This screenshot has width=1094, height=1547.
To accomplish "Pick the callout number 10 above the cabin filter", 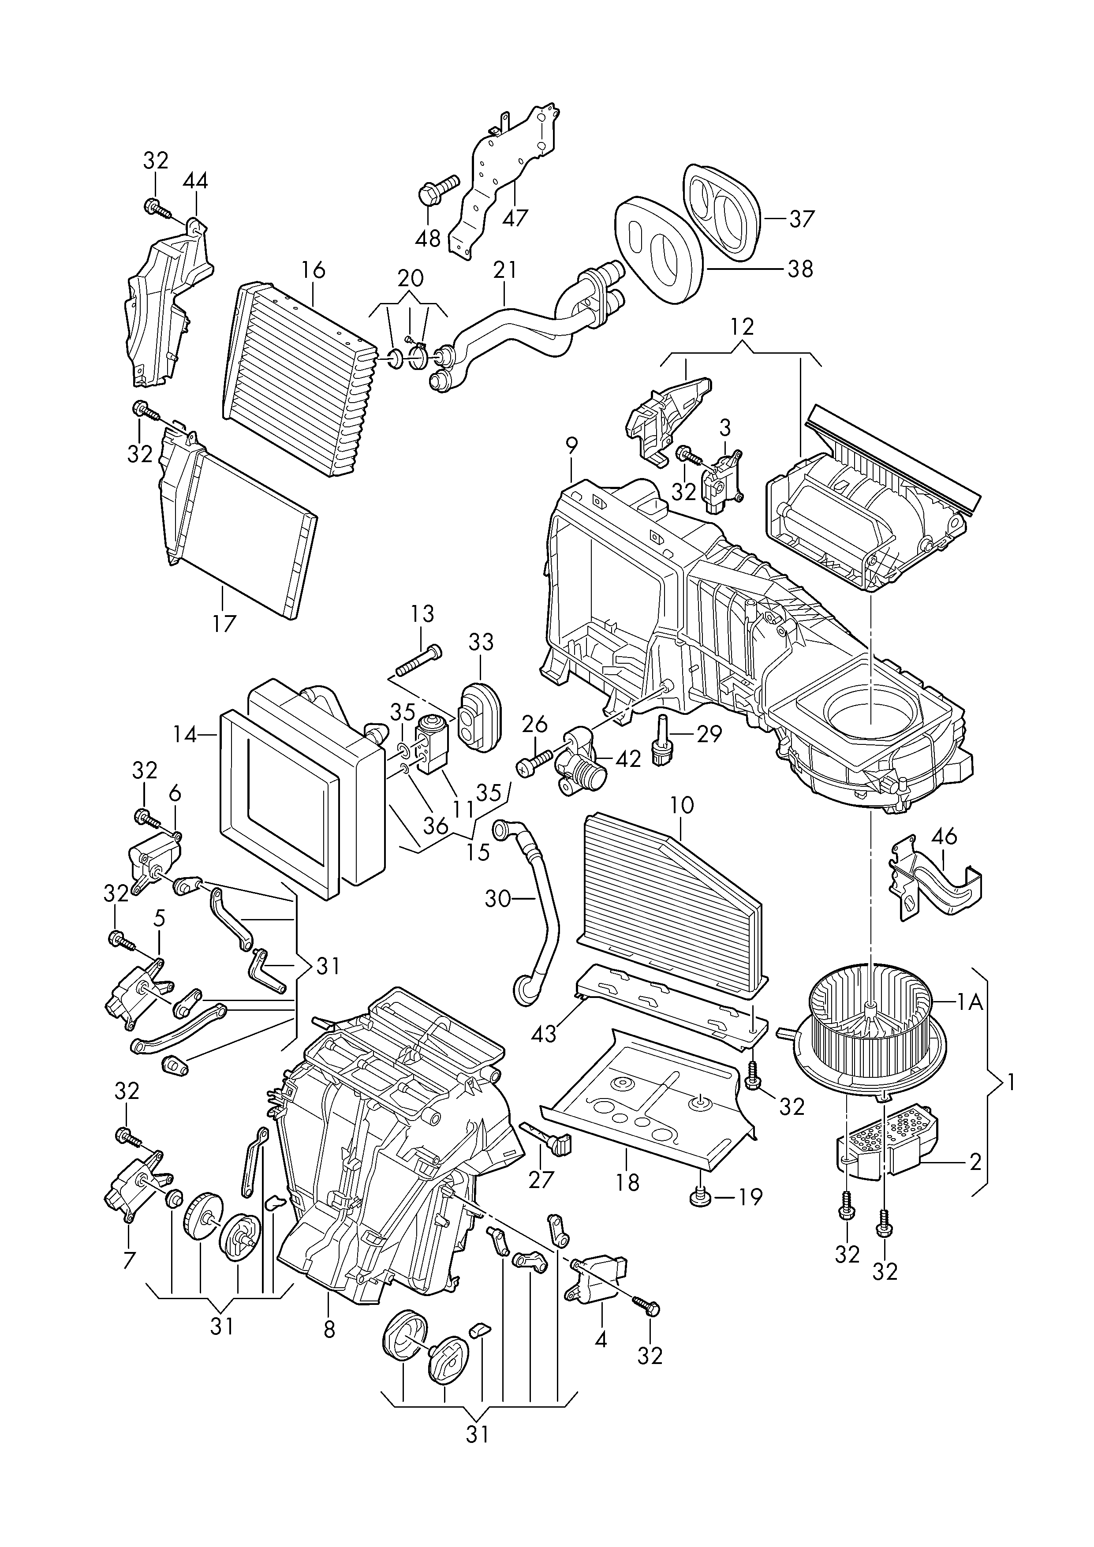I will pyautogui.click(x=682, y=804).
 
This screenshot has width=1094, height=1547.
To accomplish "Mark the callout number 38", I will pyautogui.click(x=800, y=269).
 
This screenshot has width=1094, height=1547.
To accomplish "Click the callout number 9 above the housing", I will pyautogui.click(x=571, y=445).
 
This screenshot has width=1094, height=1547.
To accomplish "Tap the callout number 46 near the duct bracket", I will pyautogui.click(x=945, y=837).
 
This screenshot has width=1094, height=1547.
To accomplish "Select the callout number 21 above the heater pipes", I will pyautogui.click(x=504, y=269).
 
